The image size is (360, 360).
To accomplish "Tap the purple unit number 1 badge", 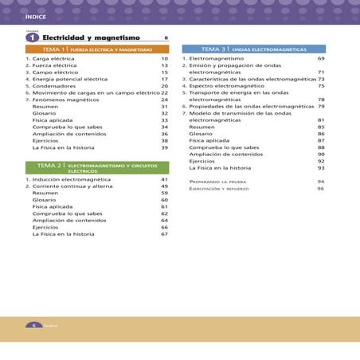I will click(32, 38).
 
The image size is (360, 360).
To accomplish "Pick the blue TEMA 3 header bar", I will click(253, 49).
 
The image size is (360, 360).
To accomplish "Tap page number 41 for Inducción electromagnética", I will click(164, 180).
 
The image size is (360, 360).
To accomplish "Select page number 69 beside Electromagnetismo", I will click(321, 59).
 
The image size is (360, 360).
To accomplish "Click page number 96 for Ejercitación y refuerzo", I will click(321, 189).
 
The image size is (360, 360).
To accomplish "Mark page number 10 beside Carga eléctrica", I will click(164, 59).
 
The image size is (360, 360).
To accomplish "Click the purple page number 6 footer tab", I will click(34, 325).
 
